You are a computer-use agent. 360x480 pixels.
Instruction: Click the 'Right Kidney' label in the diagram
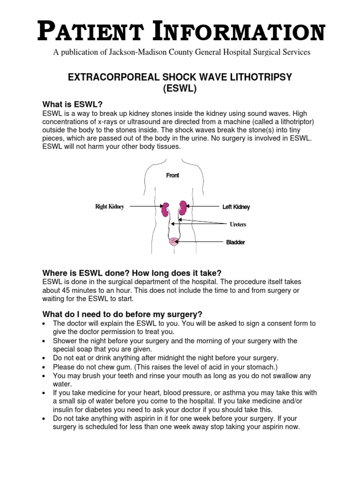pos(110,207)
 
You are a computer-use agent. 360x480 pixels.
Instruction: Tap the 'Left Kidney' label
pos(236,207)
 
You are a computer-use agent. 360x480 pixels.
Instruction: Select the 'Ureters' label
pos(238,225)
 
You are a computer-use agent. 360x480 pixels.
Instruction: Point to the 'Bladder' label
pos(236,242)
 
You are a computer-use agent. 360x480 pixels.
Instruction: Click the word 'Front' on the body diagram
pos(172,175)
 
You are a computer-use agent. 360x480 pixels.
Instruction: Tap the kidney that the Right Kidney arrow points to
pos(165,209)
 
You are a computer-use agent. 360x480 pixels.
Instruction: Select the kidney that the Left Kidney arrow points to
pos(183,207)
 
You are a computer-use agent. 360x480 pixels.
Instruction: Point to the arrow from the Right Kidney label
pos(145,206)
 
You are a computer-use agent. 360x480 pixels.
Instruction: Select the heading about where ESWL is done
pos(132,273)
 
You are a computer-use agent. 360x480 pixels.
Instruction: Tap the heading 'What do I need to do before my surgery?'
pos(122,314)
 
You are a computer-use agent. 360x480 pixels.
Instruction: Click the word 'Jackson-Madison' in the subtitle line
pos(134,52)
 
